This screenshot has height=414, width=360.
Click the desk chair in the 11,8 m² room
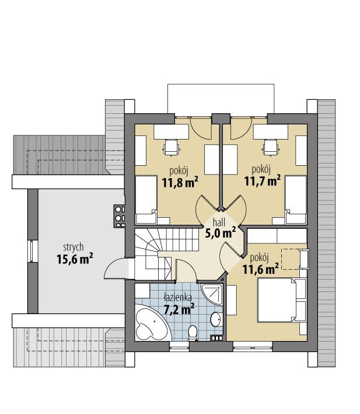(171, 147)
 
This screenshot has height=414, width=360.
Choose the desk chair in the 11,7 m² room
(270, 147)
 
